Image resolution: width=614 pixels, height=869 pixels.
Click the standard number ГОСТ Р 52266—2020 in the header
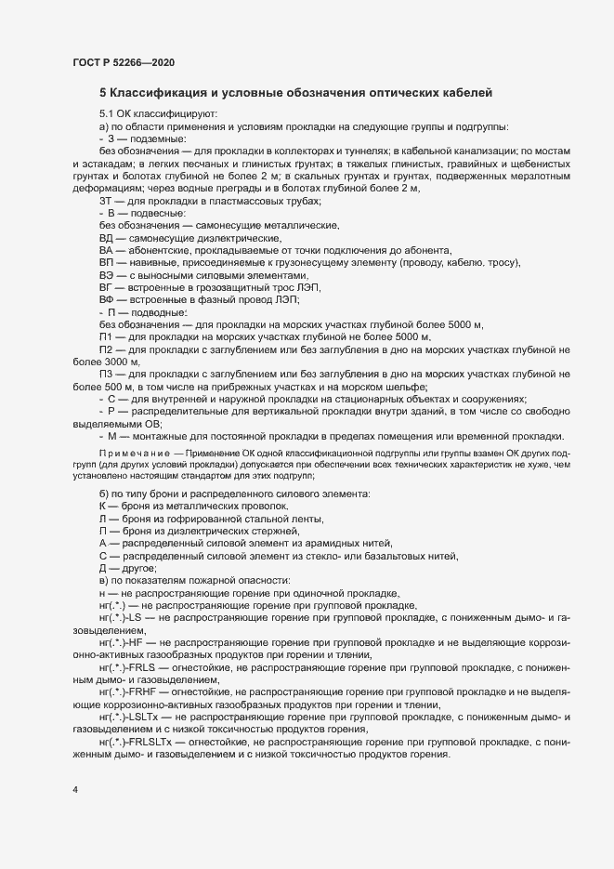pos(123,62)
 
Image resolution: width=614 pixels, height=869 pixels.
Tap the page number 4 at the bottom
pos(74,791)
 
